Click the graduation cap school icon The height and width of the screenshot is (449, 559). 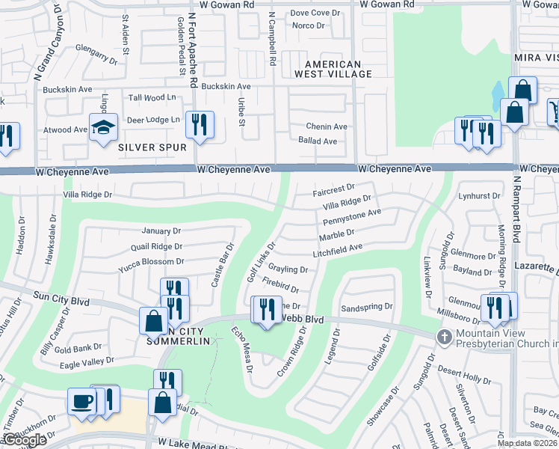[104, 126]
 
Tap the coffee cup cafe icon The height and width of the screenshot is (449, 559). [82, 401]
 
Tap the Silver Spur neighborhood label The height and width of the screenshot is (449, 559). [152, 147]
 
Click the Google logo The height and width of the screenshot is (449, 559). [25, 440]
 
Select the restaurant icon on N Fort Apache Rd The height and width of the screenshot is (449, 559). [200, 124]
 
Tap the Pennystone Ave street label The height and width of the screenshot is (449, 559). [352, 218]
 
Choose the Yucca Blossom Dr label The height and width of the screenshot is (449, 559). [151, 261]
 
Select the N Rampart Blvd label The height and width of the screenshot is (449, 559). [516, 209]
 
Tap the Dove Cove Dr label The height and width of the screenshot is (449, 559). [315, 13]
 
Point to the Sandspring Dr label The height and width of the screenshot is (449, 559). [366, 308]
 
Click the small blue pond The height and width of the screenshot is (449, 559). [498, 95]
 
